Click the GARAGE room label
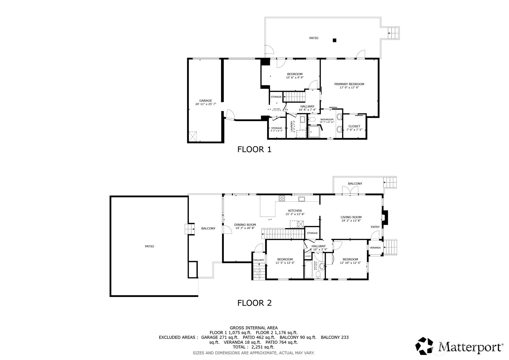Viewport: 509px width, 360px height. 206,101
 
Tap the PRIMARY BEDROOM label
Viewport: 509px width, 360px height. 349,84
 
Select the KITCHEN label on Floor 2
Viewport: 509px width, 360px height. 295,211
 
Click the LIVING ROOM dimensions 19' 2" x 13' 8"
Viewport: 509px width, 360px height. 351,221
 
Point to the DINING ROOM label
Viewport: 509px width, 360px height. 245,225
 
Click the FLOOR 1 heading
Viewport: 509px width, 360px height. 254,149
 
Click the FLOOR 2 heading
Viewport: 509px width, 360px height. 254,303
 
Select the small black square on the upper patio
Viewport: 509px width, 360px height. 334,40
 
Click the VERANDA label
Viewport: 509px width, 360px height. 375,248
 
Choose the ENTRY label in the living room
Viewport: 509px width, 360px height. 375,227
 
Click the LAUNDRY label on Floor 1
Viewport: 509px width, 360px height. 291,126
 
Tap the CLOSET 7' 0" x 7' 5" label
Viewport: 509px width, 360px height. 354,126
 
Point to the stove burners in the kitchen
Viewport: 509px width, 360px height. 282,198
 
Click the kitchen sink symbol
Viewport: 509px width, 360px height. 301,199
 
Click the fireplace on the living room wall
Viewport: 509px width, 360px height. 385,217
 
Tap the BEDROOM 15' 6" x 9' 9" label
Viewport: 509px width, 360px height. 295,74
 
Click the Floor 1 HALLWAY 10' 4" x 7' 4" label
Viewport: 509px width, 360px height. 307,106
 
